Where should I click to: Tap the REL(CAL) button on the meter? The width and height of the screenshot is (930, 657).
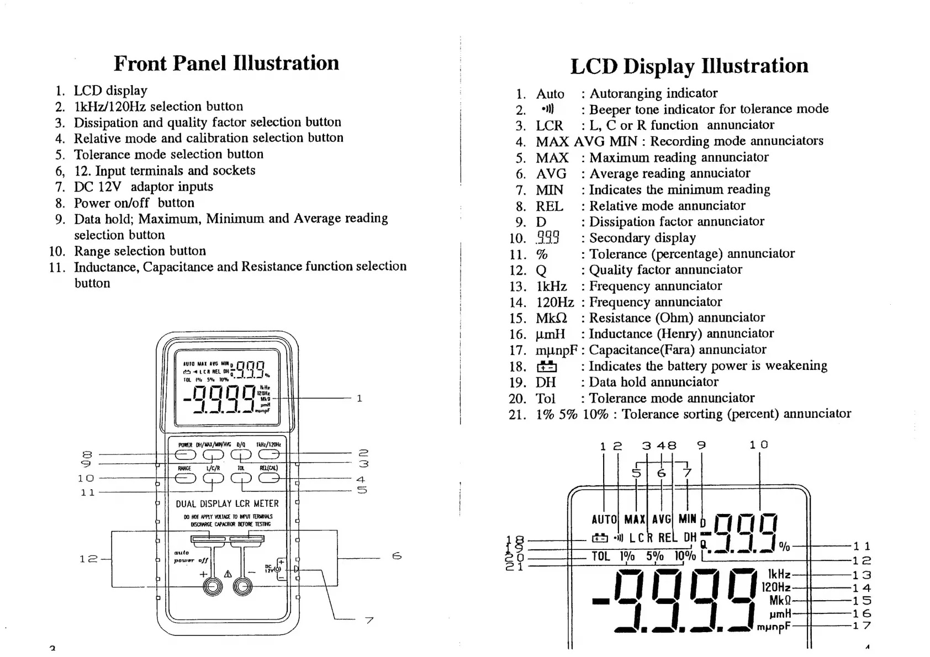pyautogui.click(x=268, y=478)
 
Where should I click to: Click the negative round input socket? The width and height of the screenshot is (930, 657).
pyautogui.click(x=242, y=587)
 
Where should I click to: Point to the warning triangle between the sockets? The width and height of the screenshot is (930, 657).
pyautogui.click(x=228, y=574)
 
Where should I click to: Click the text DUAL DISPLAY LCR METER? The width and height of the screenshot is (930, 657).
pyautogui.click(x=227, y=504)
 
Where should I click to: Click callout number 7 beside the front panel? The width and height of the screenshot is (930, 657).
pyautogui.click(x=369, y=621)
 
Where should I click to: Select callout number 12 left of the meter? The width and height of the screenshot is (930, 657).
pyautogui.click(x=88, y=559)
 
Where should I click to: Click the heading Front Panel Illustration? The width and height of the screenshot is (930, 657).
pyautogui.click(x=226, y=63)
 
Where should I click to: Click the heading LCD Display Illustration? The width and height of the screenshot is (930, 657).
pyautogui.click(x=689, y=66)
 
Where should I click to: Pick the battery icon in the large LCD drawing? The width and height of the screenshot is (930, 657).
pyautogui.click(x=600, y=538)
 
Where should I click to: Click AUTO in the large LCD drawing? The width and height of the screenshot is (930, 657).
pyautogui.click(x=604, y=520)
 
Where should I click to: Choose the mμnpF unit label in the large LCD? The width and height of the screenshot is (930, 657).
pyautogui.click(x=774, y=627)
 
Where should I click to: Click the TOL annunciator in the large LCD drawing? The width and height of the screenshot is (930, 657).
pyautogui.click(x=601, y=556)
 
